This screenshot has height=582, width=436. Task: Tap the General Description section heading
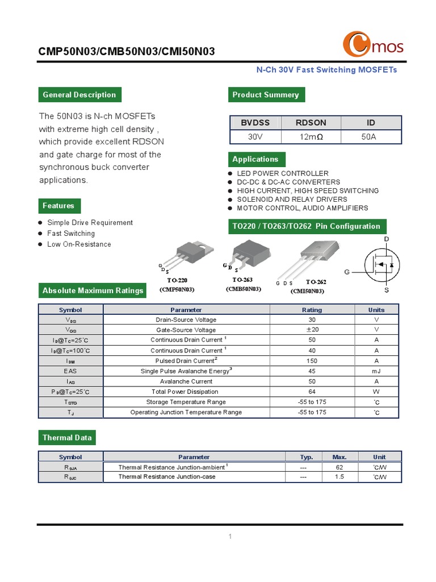79,95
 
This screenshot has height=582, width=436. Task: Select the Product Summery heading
266,95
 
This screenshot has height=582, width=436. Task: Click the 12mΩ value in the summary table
311,137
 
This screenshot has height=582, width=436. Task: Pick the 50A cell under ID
369,137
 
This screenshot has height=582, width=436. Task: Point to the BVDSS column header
255,123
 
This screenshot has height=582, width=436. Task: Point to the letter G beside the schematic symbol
347,272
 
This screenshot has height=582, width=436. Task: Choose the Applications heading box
255,159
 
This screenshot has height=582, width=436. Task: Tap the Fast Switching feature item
71,234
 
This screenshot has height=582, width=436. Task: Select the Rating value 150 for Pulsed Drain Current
312,361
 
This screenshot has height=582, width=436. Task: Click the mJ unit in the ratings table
376,371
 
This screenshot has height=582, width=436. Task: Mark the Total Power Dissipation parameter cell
185,392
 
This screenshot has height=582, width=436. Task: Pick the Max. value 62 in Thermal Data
339,467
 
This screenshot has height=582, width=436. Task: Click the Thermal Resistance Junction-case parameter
167,477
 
